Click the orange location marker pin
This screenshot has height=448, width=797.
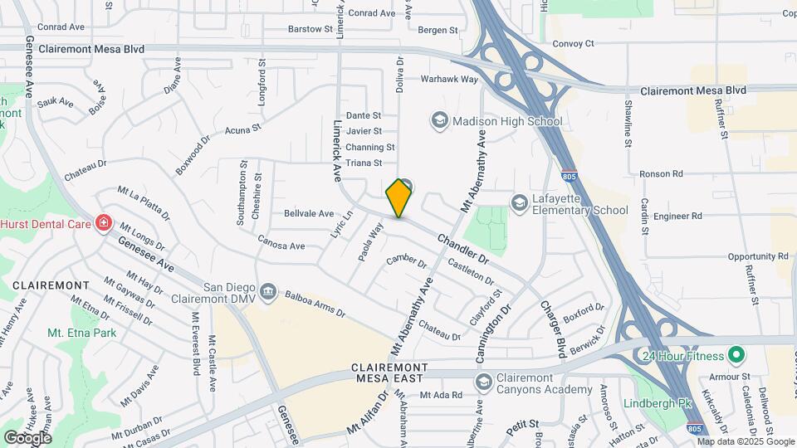(x=399, y=197)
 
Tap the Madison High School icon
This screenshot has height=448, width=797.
(x=438, y=121)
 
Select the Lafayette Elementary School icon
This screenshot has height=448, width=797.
(x=519, y=202)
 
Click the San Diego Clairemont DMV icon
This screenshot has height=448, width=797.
(x=268, y=290)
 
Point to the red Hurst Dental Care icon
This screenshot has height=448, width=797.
(x=104, y=223)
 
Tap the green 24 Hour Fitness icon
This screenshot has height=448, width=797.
(x=736, y=356)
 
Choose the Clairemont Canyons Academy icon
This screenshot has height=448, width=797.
(x=483, y=382)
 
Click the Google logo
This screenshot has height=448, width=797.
(x=27, y=437)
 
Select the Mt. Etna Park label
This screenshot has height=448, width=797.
(x=82, y=333)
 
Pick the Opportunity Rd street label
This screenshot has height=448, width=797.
(x=756, y=256)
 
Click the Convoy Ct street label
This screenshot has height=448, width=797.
(x=573, y=43)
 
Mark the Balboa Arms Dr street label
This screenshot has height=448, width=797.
(x=315, y=304)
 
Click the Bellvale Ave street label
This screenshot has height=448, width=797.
(x=309, y=213)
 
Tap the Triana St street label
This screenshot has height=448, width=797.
(x=364, y=163)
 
